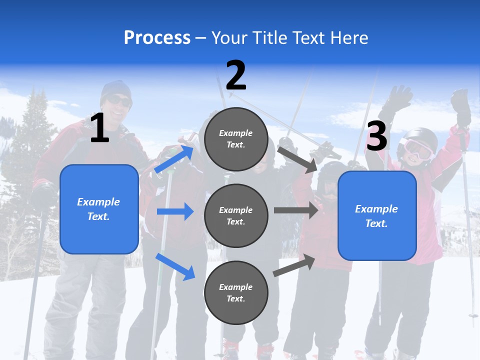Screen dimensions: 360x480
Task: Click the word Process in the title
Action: click(157, 38)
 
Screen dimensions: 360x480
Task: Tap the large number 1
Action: click(99, 128)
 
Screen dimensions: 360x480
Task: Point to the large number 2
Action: click(236, 75)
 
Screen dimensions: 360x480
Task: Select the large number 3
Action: click(376, 136)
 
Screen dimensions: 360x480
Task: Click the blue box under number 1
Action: click(99, 209)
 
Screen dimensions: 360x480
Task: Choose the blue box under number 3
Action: click(377, 215)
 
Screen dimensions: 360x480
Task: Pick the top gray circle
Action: click(236, 138)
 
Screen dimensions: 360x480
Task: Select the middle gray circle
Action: click(236, 215)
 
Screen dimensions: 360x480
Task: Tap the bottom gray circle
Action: click(236, 292)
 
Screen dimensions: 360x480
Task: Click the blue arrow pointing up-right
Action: click(174, 159)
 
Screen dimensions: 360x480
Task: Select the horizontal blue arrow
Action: click(175, 211)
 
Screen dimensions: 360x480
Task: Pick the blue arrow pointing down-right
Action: click(175, 266)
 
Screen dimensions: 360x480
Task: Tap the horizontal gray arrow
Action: click(296, 210)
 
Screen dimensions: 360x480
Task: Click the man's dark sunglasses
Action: click(119, 101)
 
